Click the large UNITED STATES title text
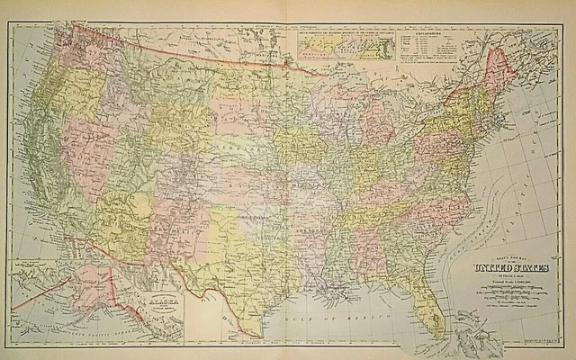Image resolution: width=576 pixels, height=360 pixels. point(501,267)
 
